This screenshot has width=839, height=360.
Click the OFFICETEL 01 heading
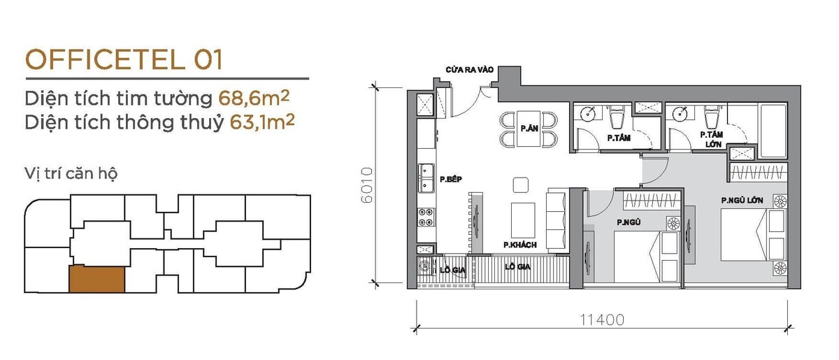[124, 59]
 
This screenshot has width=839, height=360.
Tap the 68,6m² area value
[254, 98]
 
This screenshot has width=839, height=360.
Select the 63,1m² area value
[262, 122]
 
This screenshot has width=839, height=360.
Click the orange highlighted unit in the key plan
[96, 280]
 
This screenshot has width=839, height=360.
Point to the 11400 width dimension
[602, 320]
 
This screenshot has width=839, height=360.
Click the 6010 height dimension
[366, 185]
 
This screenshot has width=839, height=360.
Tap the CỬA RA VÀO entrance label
[469, 70]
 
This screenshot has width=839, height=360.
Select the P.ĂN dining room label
[529, 129]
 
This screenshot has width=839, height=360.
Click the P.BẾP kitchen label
[451, 180]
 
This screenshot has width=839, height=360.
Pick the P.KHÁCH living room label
[520, 245]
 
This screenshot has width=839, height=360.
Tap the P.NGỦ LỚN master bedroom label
[742, 201]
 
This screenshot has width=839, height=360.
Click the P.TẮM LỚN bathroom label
[712, 139]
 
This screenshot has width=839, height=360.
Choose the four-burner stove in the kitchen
[426, 217]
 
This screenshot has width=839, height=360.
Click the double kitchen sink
[426, 178]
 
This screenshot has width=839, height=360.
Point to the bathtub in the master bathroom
[773, 130]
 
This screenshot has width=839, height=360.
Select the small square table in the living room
[521, 185]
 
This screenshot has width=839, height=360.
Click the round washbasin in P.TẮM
[589, 113]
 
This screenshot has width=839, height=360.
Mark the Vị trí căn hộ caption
[71, 174]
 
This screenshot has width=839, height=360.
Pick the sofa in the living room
[556, 220]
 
